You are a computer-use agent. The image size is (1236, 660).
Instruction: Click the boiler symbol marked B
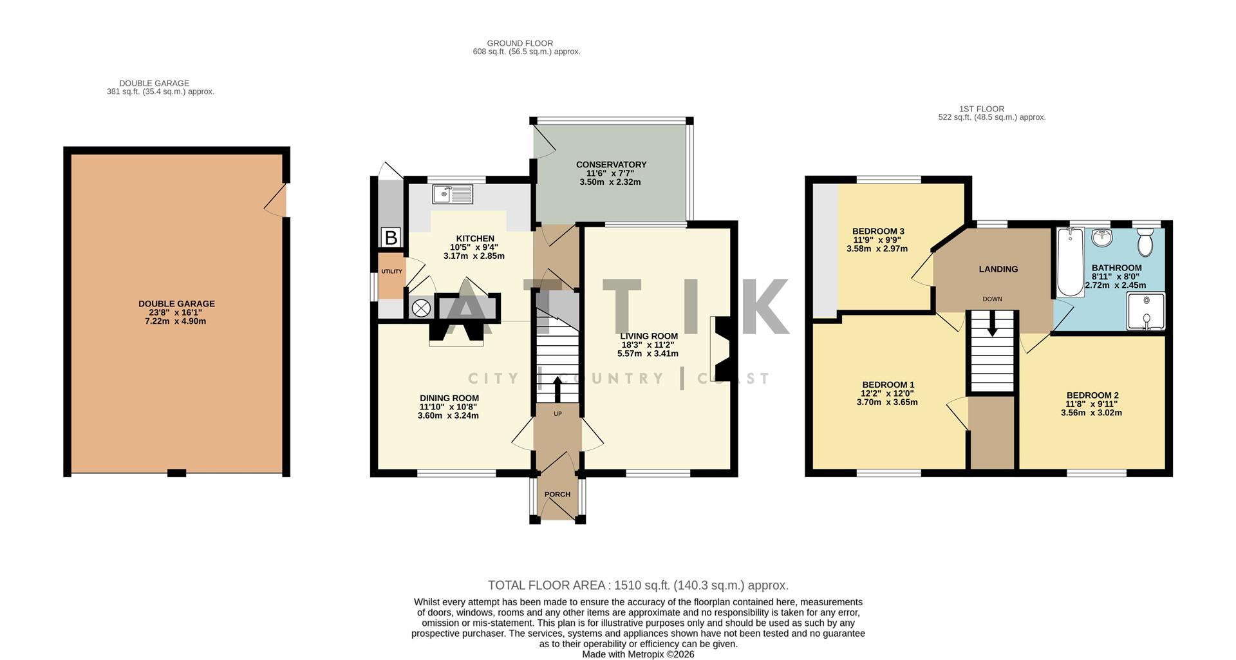click(391, 238)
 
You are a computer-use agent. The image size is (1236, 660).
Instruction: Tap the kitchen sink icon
click(453, 193)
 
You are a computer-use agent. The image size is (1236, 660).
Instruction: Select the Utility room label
click(391, 272)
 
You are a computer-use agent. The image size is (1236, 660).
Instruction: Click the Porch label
click(557, 495)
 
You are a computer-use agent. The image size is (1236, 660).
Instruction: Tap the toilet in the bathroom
click(1145, 244)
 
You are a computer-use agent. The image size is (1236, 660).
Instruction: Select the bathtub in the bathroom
click(1070, 263)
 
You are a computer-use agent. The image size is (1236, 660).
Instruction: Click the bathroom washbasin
click(1103, 238)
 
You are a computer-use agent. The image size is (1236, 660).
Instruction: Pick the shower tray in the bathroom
click(1146, 312)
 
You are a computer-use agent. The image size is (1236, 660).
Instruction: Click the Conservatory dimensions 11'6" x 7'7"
click(610, 173)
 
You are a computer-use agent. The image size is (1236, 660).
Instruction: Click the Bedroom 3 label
click(878, 231)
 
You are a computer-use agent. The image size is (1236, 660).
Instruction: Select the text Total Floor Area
click(547, 585)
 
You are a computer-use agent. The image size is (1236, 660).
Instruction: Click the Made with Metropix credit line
click(638, 654)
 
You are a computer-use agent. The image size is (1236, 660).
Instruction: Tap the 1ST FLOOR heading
click(981, 109)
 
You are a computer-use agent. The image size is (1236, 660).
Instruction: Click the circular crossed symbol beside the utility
click(421, 308)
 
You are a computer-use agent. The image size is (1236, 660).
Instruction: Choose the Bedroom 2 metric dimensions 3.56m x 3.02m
click(1091, 413)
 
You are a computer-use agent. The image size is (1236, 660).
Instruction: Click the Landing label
click(998, 269)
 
